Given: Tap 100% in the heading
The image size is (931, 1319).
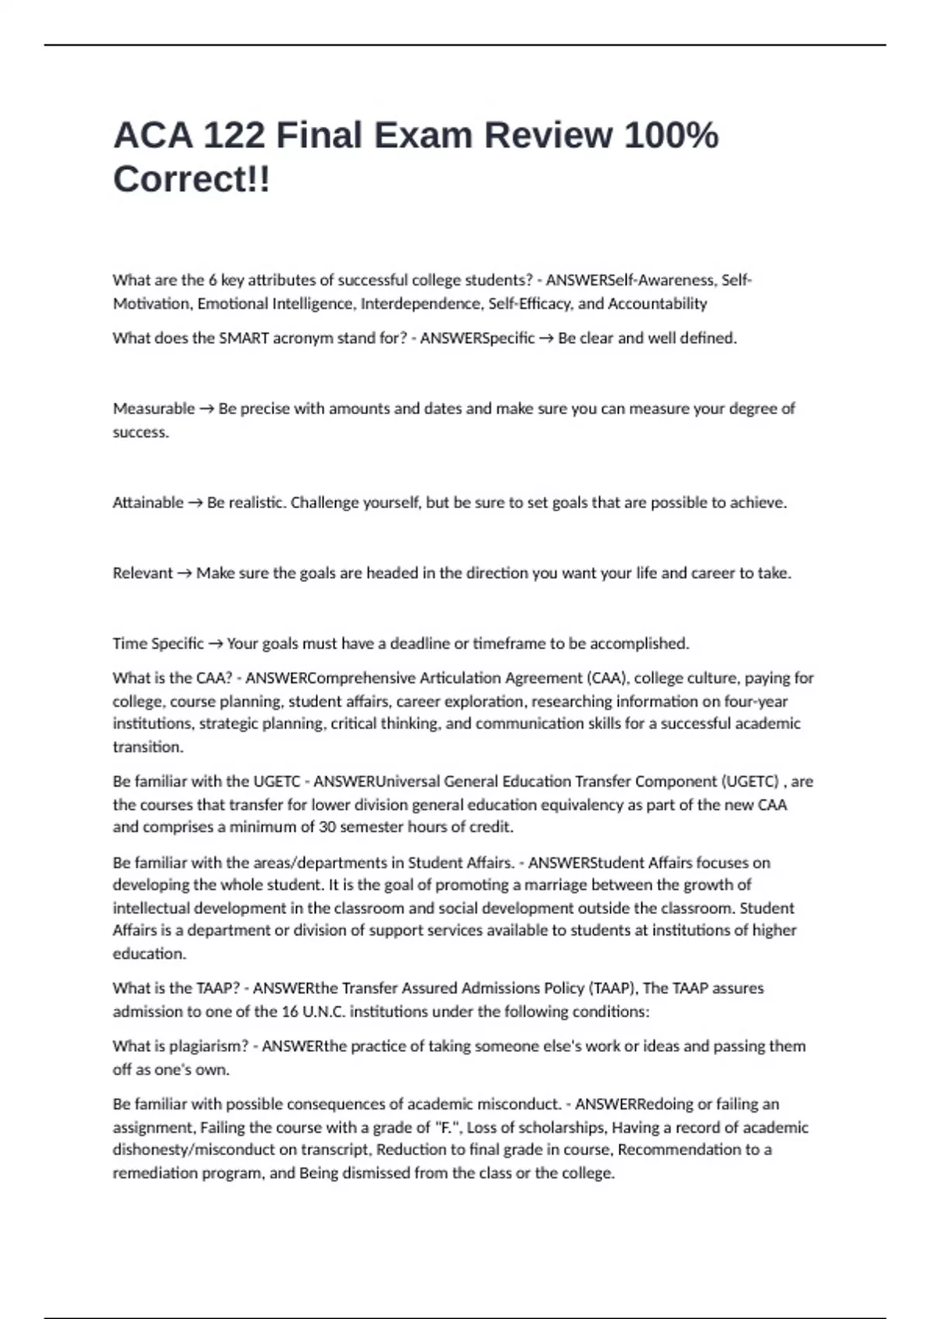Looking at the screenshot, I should click(x=671, y=136).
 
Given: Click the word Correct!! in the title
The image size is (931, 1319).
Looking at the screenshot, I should click(x=192, y=179).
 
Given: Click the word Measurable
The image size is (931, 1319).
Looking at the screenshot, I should click(x=154, y=409).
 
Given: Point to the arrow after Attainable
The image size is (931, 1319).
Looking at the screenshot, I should click(x=196, y=503).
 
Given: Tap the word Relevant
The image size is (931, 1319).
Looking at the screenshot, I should click(x=143, y=573).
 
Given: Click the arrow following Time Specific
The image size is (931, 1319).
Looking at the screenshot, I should click(x=216, y=644).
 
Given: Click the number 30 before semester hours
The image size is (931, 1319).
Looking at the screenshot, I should click(x=327, y=827).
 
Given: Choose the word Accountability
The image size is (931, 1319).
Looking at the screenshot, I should click(x=657, y=304).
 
